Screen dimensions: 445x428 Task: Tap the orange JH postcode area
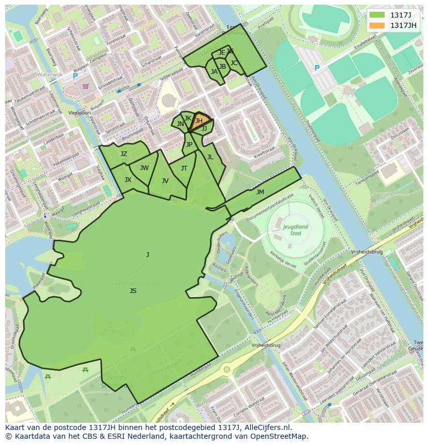pyautogui.click(x=199, y=121)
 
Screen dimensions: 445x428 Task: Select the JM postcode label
pyautogui.click(x=260, y=192)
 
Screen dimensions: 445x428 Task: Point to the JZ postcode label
pyautogui.click(x=124, y=154)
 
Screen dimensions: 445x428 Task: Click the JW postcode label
pyautogui.click(x=144, y=167)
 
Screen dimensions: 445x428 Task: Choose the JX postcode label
pyautogui.click(x=128, y=180)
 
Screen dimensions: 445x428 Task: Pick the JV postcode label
pyautogui.click(x=165, y=180)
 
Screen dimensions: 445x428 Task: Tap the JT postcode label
pyautogui.click(x=184, y=168)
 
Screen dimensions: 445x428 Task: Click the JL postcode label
pyautogui.click(x=210, y=157)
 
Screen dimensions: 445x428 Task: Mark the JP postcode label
pyautogui.click(x=189, y=145)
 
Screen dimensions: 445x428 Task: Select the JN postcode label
pyautogui.click(x=180, y=124)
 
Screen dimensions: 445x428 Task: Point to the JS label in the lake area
pyautogui.click(x=133, y=291)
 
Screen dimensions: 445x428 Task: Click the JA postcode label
pyautogui.click(x=214, y=72)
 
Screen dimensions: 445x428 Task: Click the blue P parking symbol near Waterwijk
pyautogui.click(x=75, y=76)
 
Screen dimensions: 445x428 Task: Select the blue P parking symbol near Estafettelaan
pyautogui.click(x=317, y=68)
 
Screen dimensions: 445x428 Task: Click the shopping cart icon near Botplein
pyautogui.click(x=85, y=86)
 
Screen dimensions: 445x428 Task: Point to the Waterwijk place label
pyautogui.click(x=50, y=74)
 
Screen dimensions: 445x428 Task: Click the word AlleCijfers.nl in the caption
pyautogui.click(x=269, y=427)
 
